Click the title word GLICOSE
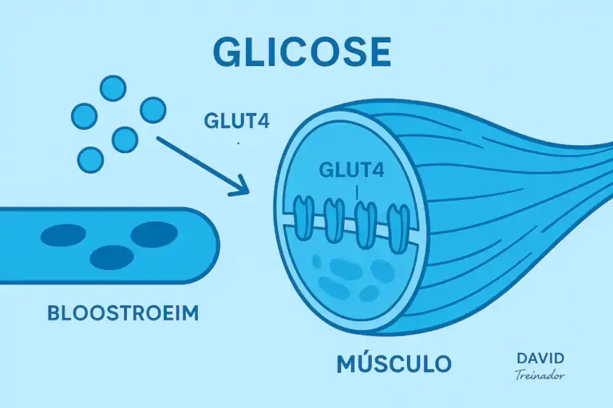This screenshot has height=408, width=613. (x=302, y=50)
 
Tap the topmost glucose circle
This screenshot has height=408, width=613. (x=113, y=88)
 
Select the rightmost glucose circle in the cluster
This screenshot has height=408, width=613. (x=152, y=110)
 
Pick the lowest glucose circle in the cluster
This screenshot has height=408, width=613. (x=90, y=160)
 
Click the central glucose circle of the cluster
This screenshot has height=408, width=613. (x=125, y=139)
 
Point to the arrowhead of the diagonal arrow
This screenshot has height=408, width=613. (x=240, y=189)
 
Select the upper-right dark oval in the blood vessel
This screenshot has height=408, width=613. (x=154, y=233)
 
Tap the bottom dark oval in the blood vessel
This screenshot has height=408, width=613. (x=112, y=257)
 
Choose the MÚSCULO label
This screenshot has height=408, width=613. (x=394, y=364)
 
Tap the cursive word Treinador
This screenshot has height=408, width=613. (x=541, y=374)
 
